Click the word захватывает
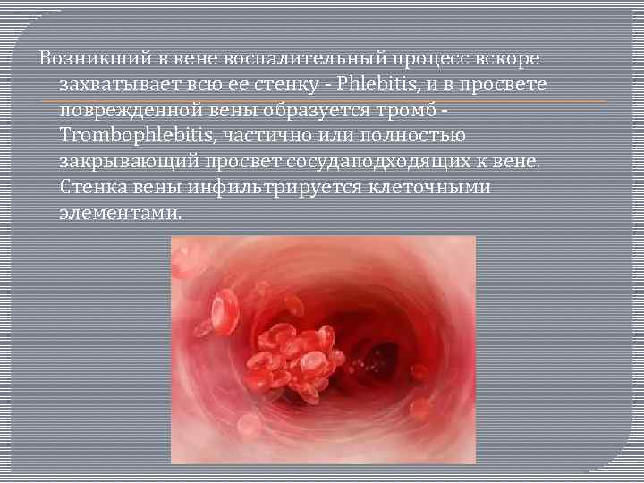(x=115, y=85)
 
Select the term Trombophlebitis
(x=121, y=137)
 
